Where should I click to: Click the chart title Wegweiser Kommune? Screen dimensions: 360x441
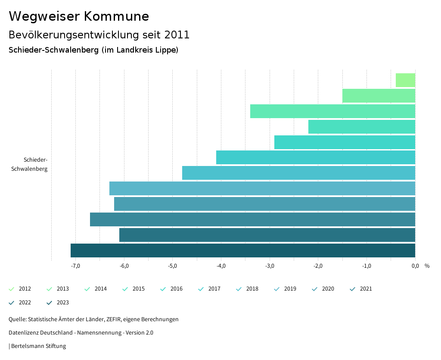click(79, 16)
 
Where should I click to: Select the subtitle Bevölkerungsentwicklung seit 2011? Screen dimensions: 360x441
click(99, 34)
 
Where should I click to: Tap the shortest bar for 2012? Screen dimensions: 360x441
click(405, 80)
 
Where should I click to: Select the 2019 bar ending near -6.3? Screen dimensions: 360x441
click(262, 188)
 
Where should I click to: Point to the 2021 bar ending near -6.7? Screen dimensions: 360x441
click(252, 219)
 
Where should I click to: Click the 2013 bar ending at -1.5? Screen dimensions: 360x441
click(379, 96)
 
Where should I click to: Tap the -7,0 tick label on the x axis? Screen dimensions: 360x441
click(75, 266)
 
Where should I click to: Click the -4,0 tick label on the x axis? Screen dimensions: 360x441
click(221, 266)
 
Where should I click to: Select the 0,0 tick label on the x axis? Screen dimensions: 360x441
click(415, 266)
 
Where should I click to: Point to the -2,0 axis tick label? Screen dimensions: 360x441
click(318, 266)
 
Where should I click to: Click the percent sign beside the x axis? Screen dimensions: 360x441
click(427, 266)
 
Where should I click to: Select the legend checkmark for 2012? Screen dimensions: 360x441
click(12, 289)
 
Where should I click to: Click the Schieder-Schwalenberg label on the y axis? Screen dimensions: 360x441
click(30, 164)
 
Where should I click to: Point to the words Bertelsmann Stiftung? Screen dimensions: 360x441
click(38, 346)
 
